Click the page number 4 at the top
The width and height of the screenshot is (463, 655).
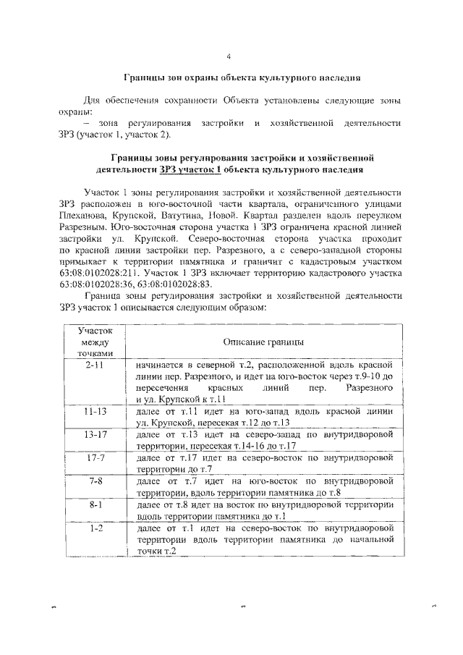(x=229, y=56)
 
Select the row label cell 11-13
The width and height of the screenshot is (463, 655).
(x=93, y=410)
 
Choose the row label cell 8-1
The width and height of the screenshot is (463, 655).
(x=93, y=504)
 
